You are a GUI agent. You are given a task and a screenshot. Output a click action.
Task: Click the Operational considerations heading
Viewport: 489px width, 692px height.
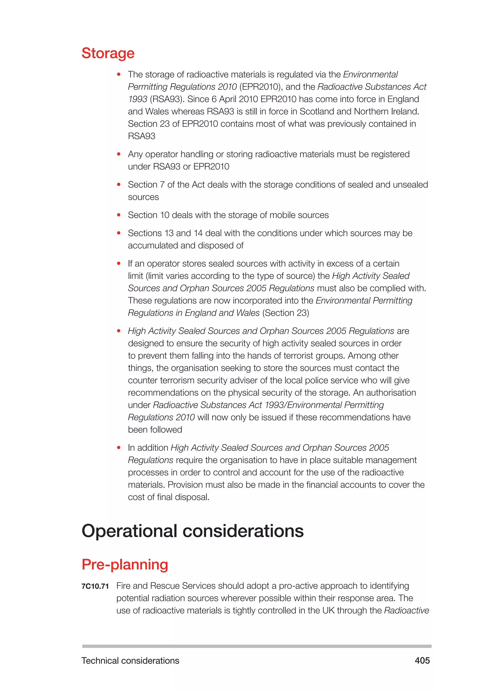[192, 531]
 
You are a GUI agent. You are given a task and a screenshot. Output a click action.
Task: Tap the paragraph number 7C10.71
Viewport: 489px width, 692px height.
[95, 586]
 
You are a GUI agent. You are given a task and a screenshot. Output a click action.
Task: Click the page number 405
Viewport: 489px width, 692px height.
[422, 660]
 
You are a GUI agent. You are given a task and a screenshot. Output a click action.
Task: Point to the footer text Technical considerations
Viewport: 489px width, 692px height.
[130, 660]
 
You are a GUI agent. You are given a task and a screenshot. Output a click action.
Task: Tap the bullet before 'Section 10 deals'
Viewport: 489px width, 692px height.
[119, 215]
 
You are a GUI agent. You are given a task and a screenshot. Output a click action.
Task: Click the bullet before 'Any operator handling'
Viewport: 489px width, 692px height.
[119, 154]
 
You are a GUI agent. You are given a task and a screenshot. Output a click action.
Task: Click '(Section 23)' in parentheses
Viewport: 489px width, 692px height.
[286, 313]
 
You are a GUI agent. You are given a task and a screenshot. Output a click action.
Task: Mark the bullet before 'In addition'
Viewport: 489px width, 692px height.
[119, 448]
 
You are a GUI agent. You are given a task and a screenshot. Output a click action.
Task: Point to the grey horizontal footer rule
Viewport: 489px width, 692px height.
[256, 646]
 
